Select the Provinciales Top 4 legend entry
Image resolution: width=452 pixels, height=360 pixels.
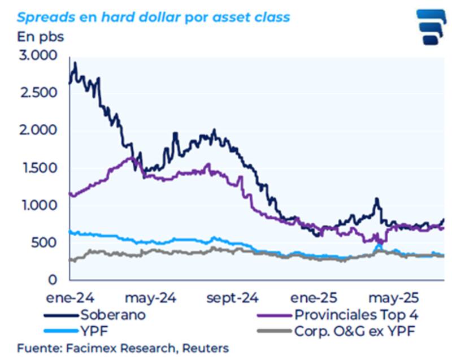point(355,315)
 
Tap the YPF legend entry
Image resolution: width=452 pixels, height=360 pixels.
point(94,331)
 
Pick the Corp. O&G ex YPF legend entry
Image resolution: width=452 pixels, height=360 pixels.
point(355,331)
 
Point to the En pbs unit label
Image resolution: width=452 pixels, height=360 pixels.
point(40,37)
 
